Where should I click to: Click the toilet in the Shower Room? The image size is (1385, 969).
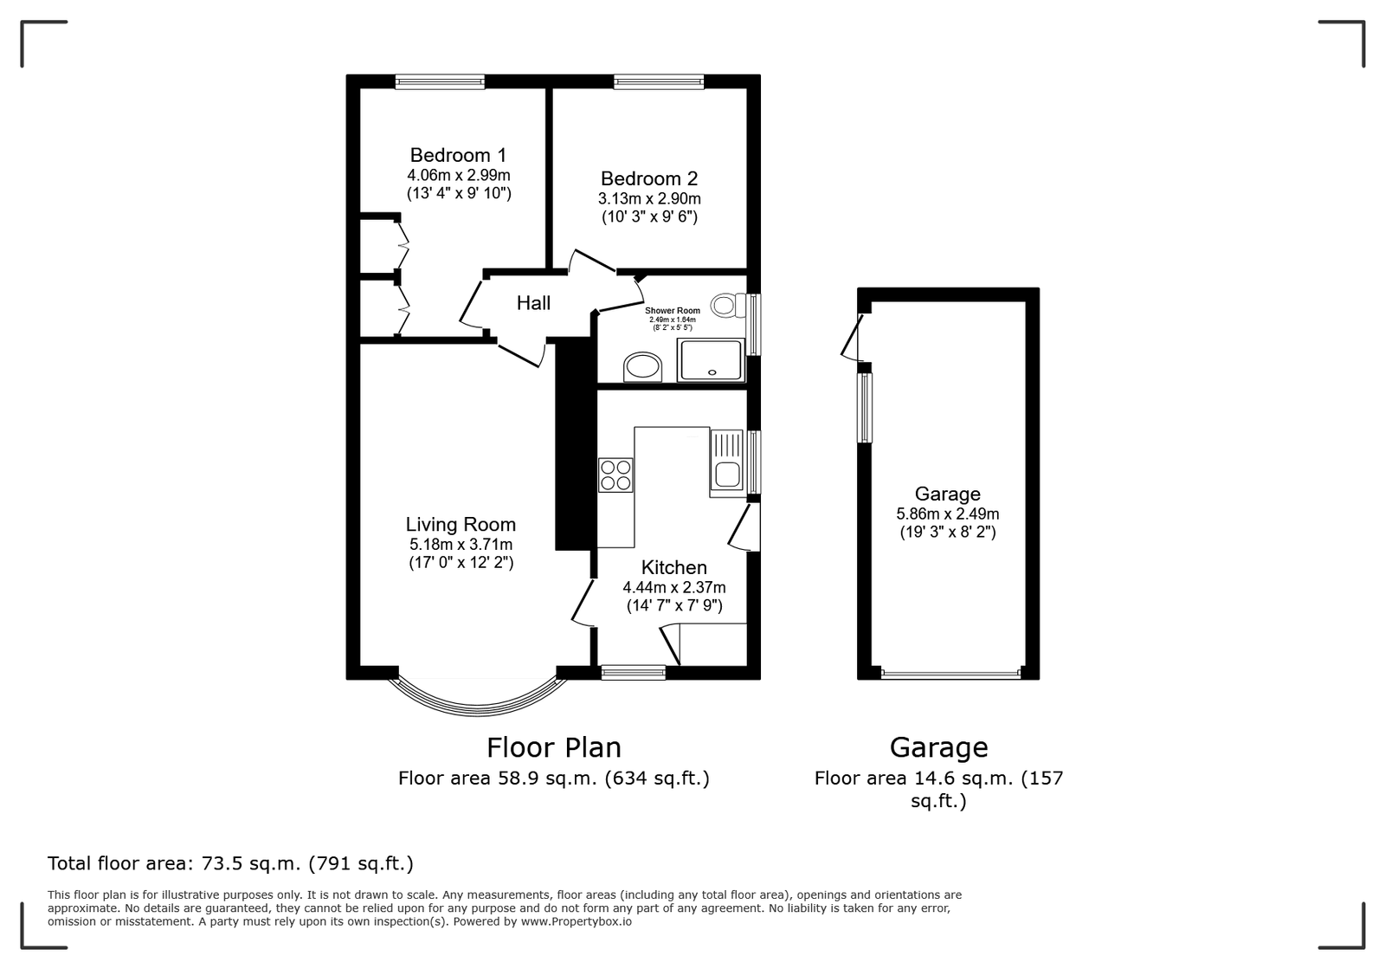click(x=728, y=306)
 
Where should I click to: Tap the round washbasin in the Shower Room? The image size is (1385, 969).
click(x=642, y=367)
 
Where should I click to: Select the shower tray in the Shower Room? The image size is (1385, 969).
click(x=711, y=360)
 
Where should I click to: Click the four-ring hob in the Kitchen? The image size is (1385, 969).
click(x=615, y=475)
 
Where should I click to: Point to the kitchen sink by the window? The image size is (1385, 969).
click(x=728, y=463)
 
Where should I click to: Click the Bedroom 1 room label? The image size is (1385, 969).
click(x=458, y=155)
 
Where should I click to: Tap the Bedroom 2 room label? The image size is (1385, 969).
click(x=649, y=178)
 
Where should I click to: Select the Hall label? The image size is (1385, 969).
click(x=533, y=303)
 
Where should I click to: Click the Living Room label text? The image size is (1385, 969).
click(x=461, y=525)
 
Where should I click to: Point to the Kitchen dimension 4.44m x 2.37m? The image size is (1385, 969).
click(x=674, y=587)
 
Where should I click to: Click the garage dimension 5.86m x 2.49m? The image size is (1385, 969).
click(x=948, y=514)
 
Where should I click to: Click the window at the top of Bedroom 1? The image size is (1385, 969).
click(x=440, y=81)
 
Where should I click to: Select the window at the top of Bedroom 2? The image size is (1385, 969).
click(x=659, y=81)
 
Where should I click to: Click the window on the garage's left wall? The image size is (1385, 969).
click(x=865, y=408)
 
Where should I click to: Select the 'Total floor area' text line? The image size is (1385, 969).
click(x=230, y=863)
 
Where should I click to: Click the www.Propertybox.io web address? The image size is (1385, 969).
click(x=577, y=921)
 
